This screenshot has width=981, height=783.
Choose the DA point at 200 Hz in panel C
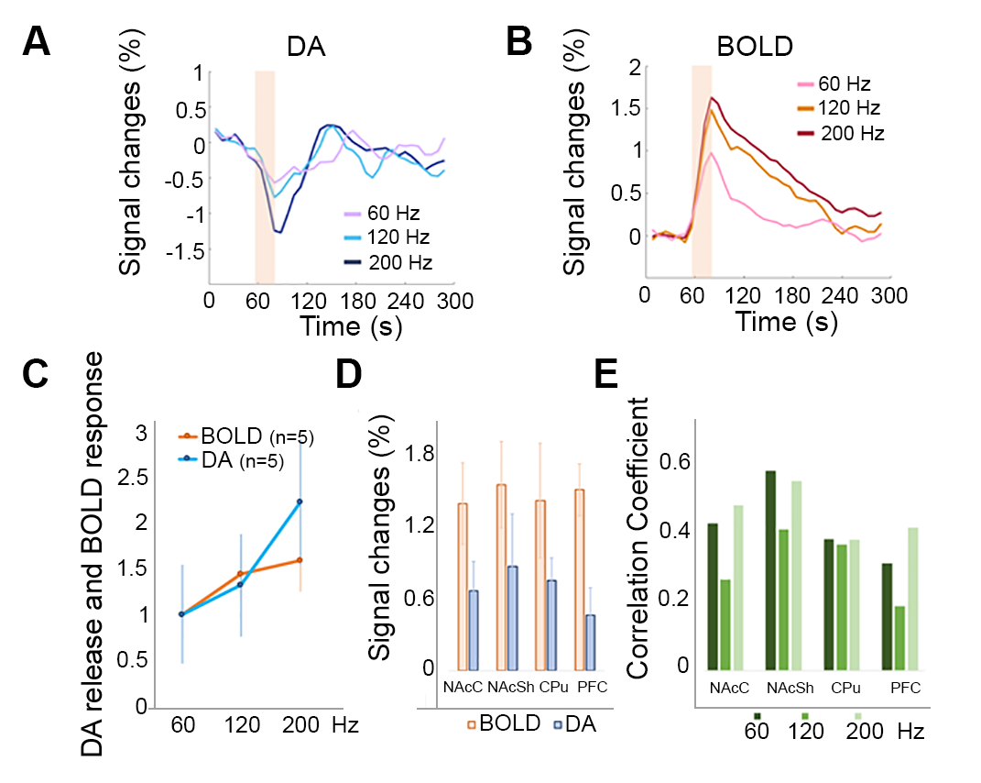pos(299,502)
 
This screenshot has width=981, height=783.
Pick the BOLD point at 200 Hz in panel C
pos(299,560)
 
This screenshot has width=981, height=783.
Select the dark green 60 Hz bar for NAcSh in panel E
pos(770,569)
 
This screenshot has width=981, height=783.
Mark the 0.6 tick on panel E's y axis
pos(681,462)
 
